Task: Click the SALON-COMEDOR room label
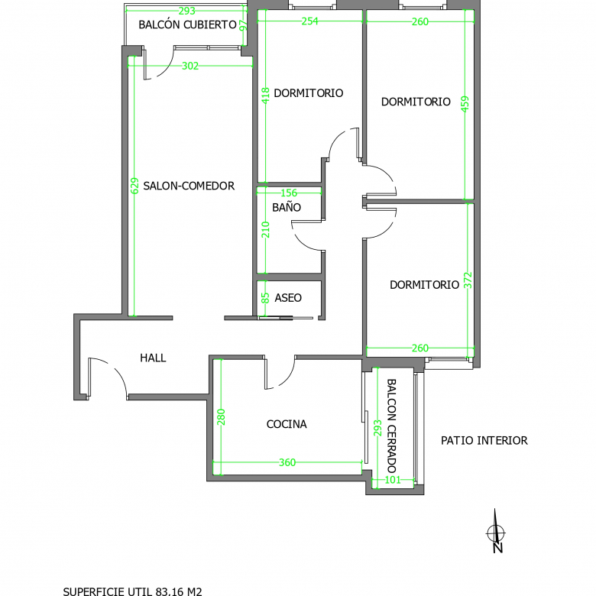[x=189, y=186]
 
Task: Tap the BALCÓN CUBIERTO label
[x=188, y=24]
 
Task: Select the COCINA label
[x=287, y=424]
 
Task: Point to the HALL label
[x=153, y=358]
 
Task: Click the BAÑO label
[x=287, y=207]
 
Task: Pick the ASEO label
[x=288, y=298]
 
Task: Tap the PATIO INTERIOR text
[x=484, y=441]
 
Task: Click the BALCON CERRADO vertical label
[x=391, y=426]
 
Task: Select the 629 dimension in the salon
[x=134, y=186]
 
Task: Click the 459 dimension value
[x=465, y=104]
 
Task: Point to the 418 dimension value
[x=265, y=96]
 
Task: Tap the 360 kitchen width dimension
[x=287, y=462]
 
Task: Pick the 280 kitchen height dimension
[x=221, y=417]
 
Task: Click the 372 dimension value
[x=468, y=280]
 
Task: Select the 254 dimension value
[x=309, y=21]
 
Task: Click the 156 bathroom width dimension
[x=289, y=193]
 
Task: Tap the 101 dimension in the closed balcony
[x=393, y=480]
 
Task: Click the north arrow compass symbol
[x=496, y=532]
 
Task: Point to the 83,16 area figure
[x=169, y=591]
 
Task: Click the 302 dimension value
[x=190, y=66]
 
